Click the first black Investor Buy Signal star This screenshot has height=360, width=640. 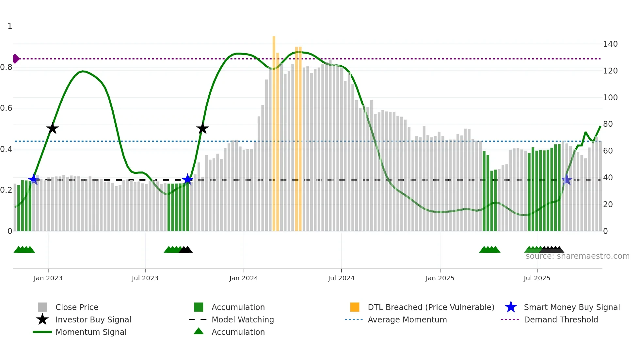coord(52,128)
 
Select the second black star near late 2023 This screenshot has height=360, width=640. coord(202,128)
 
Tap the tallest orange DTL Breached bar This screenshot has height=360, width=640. coord(274,131)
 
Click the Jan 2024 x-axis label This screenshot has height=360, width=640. coord(244,278)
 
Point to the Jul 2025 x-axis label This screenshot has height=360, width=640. coord(537,278)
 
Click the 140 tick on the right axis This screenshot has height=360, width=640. coord(610,44)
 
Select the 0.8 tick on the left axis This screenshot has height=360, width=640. coord(6,67)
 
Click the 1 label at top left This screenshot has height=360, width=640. coord(10,26)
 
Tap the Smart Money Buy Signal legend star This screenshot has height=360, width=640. coord(511,307)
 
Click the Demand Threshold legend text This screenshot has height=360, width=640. coord(561,319)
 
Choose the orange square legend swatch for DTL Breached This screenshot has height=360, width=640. coord(355,307)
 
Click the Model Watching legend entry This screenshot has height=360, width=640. coord(243,319)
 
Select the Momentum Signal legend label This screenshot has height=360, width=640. coord(91,332)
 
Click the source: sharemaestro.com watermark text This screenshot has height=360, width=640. coord(577,256)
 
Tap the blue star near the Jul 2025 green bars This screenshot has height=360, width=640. coord(567,180)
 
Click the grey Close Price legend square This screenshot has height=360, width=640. coord(42,307)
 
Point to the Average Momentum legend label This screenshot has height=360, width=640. coord(407,319)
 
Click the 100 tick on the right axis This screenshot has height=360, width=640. coord(610,97)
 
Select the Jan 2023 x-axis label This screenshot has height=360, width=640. coord(48,278)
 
